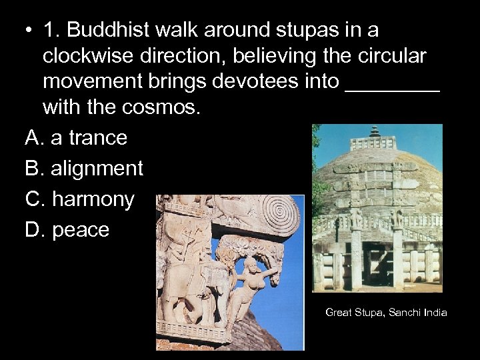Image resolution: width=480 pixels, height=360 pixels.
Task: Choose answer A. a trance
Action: click(76, 137)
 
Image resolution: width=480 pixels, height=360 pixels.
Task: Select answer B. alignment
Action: click(84, 168)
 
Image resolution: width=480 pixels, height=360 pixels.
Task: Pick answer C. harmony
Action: click(80, 199)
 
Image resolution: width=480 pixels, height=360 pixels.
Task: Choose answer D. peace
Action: click(67, 229)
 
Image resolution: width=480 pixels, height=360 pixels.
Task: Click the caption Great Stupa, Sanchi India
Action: click(386, 312)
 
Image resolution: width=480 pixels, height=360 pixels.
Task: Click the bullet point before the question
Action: click(27, 31)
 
